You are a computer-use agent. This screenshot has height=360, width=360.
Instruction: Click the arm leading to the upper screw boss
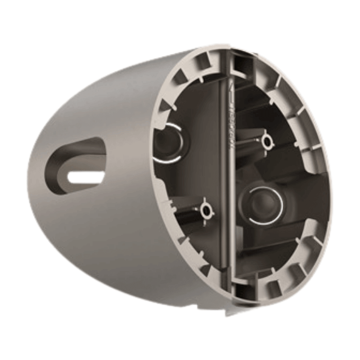click(x=250, y=142)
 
